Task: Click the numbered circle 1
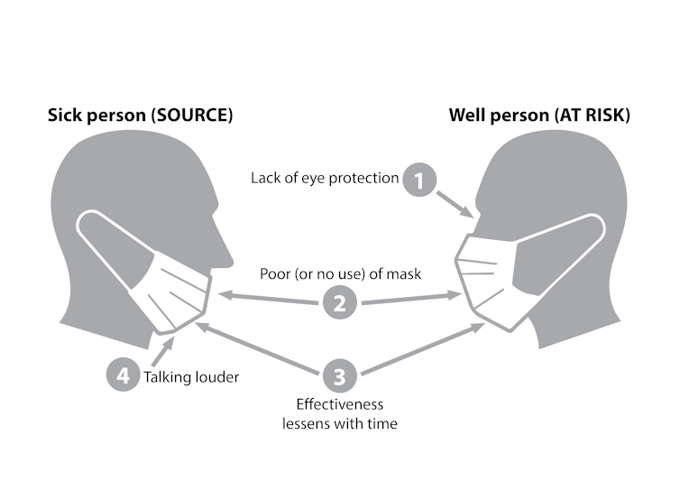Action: point(418,180)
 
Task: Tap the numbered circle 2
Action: point(339,303)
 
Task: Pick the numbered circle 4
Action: point(123,375)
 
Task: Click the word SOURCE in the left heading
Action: point(191,116)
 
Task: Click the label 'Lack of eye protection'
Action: point(325,179)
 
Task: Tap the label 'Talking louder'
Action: point(191,376)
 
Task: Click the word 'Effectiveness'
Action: point(339,403)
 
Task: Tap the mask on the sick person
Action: point(171,289)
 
